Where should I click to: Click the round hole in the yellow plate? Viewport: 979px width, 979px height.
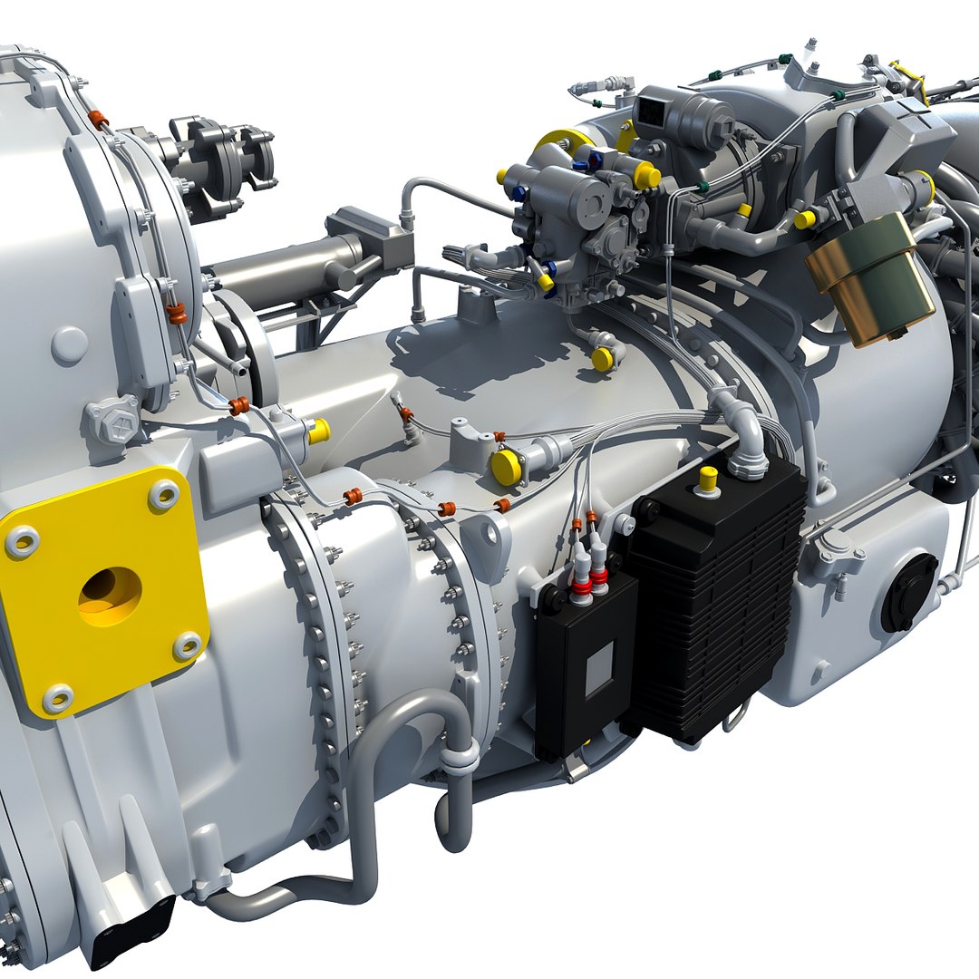(x=110, y=595)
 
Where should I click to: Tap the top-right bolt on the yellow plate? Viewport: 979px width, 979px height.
(x=163, y=495)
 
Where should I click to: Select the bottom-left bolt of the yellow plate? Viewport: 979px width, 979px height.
(x=57, y=698)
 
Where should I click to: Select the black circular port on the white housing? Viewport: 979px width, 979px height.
(x=909, y=593)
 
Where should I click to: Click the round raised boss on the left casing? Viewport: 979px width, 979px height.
(x=69, y=345)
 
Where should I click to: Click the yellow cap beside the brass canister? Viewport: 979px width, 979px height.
(x=803, y=219)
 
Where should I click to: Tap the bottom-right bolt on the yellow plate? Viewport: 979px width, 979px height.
(x=188, y=646)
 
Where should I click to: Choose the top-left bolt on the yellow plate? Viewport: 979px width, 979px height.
(x=22, y=542)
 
